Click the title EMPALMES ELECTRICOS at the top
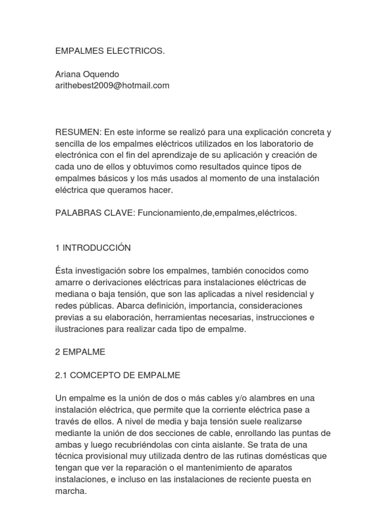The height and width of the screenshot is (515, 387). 110,52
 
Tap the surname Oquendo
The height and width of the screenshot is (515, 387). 104,74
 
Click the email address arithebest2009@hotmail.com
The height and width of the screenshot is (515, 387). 112,85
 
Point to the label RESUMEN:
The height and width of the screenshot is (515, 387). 79,132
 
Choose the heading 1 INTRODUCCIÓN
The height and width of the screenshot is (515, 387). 93,247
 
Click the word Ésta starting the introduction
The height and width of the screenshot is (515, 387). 66,271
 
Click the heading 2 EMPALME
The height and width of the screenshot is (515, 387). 80,352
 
